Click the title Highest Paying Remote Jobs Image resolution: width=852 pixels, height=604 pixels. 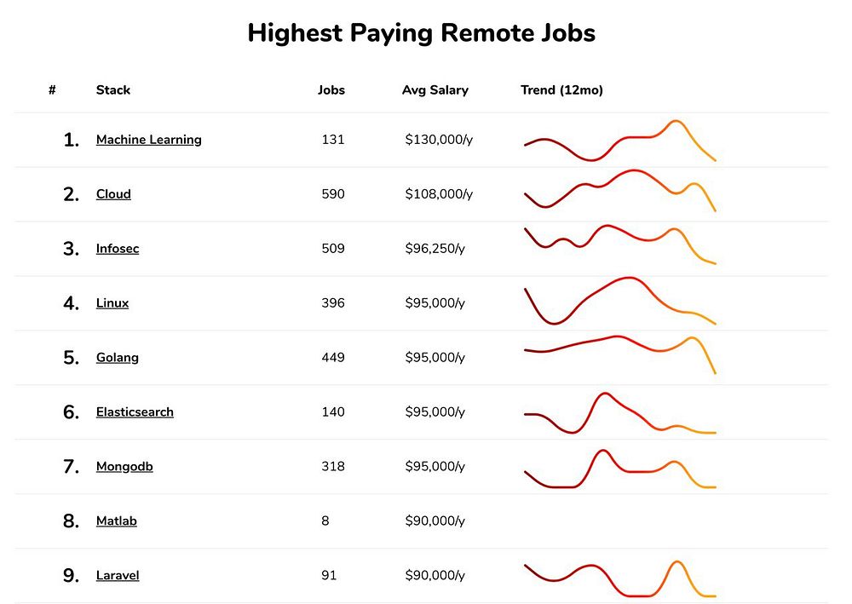[x=421, y=33]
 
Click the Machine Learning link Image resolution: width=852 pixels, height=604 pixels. [x=149, y=140]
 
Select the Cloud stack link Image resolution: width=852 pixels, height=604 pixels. [x=113, y=194]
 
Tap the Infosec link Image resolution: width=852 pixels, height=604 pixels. [x=118, y=249]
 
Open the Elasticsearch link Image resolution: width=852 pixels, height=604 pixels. [x=135, y=412]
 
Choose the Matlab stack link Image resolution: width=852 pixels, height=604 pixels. [x=117, y=521]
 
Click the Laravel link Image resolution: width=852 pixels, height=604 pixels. [x=118, y=576]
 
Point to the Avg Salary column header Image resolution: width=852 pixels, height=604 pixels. [x=435, y=90]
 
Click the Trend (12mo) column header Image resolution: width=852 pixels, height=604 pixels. [x=561, y=90]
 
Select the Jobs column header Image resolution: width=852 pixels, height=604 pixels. [x=331, y=90]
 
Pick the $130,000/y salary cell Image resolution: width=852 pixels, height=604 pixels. [x=439, y=140]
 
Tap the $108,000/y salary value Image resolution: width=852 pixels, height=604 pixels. [x=439, y=194]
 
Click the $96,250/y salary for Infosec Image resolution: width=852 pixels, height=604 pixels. [x=435, y=249]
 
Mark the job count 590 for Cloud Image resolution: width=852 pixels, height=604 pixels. [x=333, y=194]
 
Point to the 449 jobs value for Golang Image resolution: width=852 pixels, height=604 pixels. [x=333, y=358]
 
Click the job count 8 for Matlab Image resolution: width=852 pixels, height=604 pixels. [x=325, y=521]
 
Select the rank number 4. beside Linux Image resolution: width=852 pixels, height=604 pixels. [x=72, y=303]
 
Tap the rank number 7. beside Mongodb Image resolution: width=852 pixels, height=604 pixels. [x=72, y=467]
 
